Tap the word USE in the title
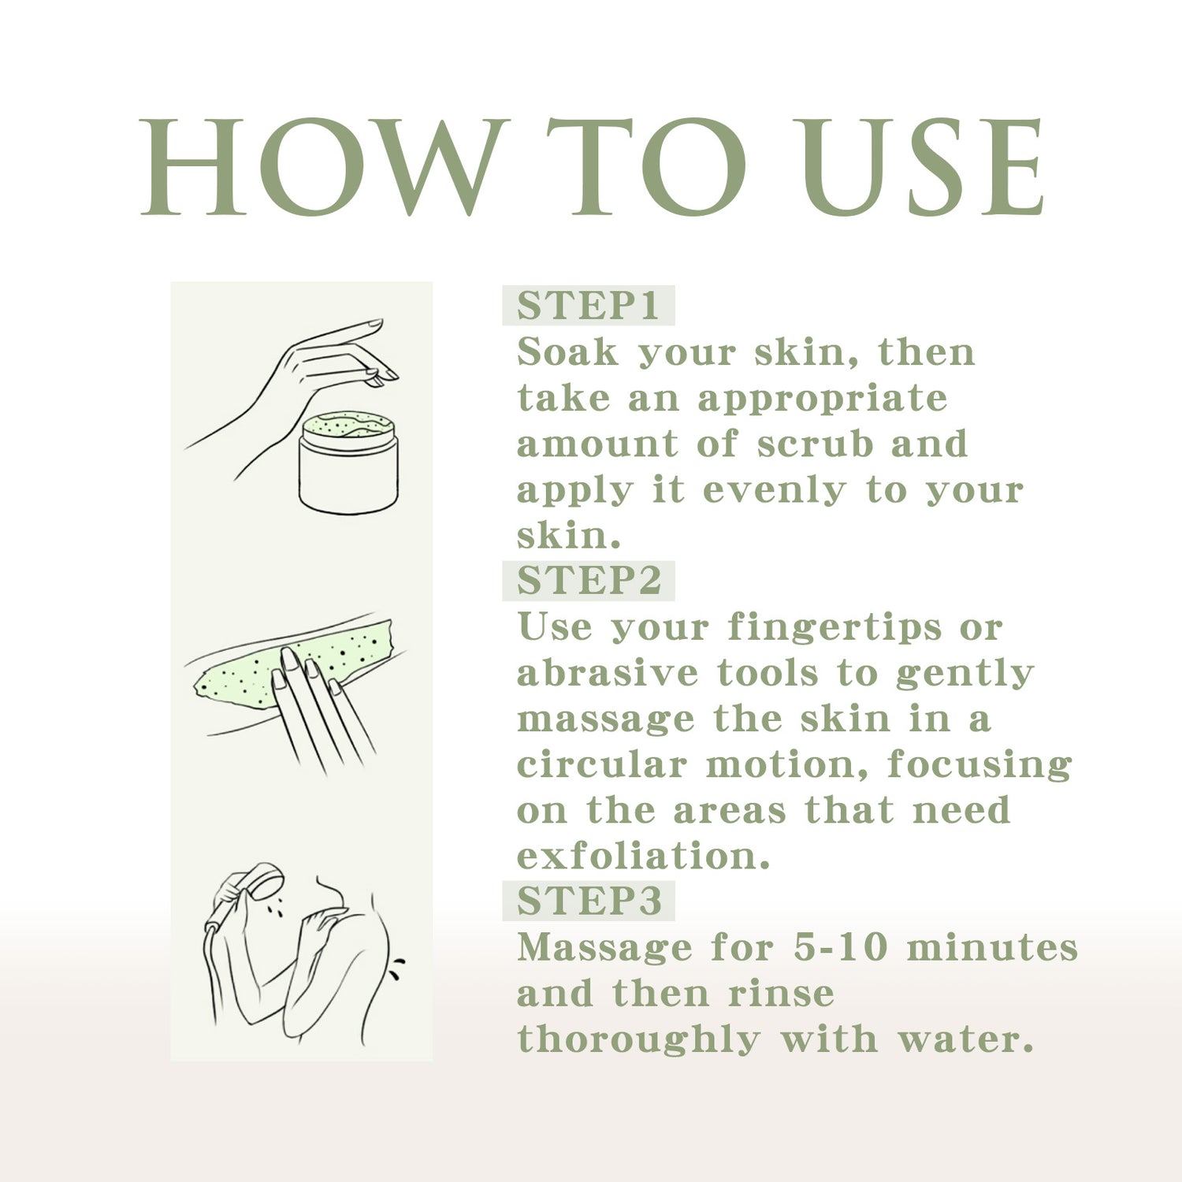tap(919, 166)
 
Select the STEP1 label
tap(588, 306)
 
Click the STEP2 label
tap(589, 581)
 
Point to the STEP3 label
tap(589, 901)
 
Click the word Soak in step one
tap(567, 351)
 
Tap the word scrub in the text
tap(816, 444)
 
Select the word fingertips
tap(834, 629)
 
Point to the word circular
tap(602, 764)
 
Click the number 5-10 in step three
tap(841, 947)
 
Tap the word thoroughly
tap(638, 1040)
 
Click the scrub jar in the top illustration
tap(349, 463)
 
